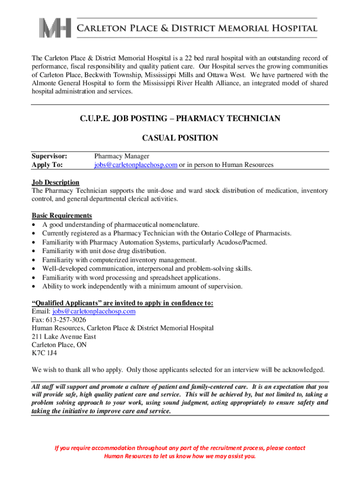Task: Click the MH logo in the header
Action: pos(55,28)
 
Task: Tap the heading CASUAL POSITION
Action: pos(180,138)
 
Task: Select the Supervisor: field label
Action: pos(50,156)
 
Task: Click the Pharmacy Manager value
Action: pos(122,156)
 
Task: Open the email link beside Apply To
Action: pos(136,165)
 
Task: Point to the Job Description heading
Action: pos(56,182)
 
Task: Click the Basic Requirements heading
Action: pos(62,216)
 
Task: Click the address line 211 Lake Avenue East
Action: pos(64,336)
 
